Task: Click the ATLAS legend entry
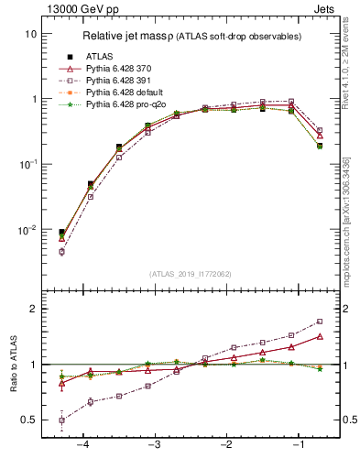[102, 57]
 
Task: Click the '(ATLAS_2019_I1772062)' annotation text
[190, 274]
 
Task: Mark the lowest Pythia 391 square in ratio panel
[61, 420]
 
